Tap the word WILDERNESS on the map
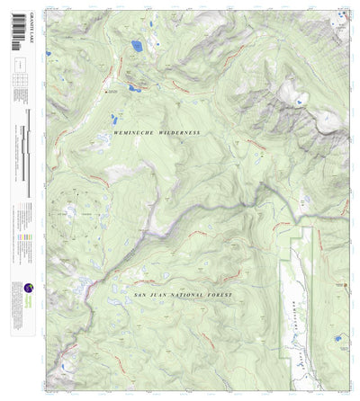tap(177, 133)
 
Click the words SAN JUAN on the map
tap(150, 295)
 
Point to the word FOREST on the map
tap(217, 295)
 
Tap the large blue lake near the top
tap(136, 45)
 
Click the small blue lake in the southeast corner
tap(337, 338)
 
